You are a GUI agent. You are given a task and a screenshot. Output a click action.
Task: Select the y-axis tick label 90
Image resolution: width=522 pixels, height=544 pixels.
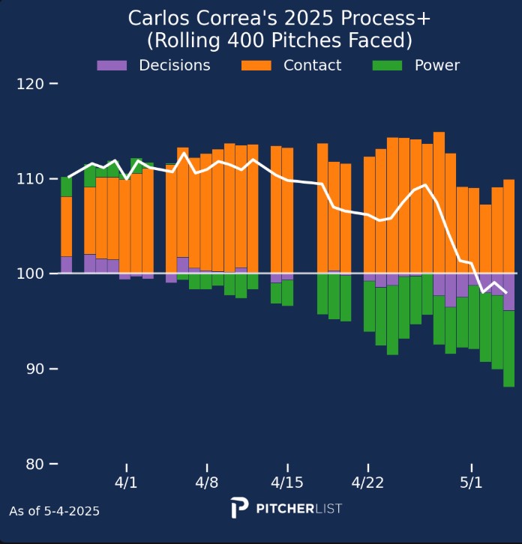tap(33, 369)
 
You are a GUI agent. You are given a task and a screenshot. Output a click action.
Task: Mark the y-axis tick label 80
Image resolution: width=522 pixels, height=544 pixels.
tap(33, 464)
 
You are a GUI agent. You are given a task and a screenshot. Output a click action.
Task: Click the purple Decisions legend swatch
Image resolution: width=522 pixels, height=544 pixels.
tap(112, 65)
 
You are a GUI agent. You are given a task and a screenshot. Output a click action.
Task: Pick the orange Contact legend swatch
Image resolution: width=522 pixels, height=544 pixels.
tap(256, 65)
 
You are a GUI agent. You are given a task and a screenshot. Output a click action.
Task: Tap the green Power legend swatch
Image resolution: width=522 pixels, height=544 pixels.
tap(387, 65)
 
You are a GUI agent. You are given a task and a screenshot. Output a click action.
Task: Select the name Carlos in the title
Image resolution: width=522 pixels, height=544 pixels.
tap(155, 18)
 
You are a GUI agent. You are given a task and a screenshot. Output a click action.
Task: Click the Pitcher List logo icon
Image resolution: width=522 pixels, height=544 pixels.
tap(239, 507)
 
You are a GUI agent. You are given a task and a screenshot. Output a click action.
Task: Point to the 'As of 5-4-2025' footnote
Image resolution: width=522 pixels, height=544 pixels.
tap(54, 511)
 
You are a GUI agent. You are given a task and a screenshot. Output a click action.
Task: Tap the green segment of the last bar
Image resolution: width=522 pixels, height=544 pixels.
tap(508, 348)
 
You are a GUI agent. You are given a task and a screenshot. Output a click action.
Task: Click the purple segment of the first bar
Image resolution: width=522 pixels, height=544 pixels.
tap(66, 265)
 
